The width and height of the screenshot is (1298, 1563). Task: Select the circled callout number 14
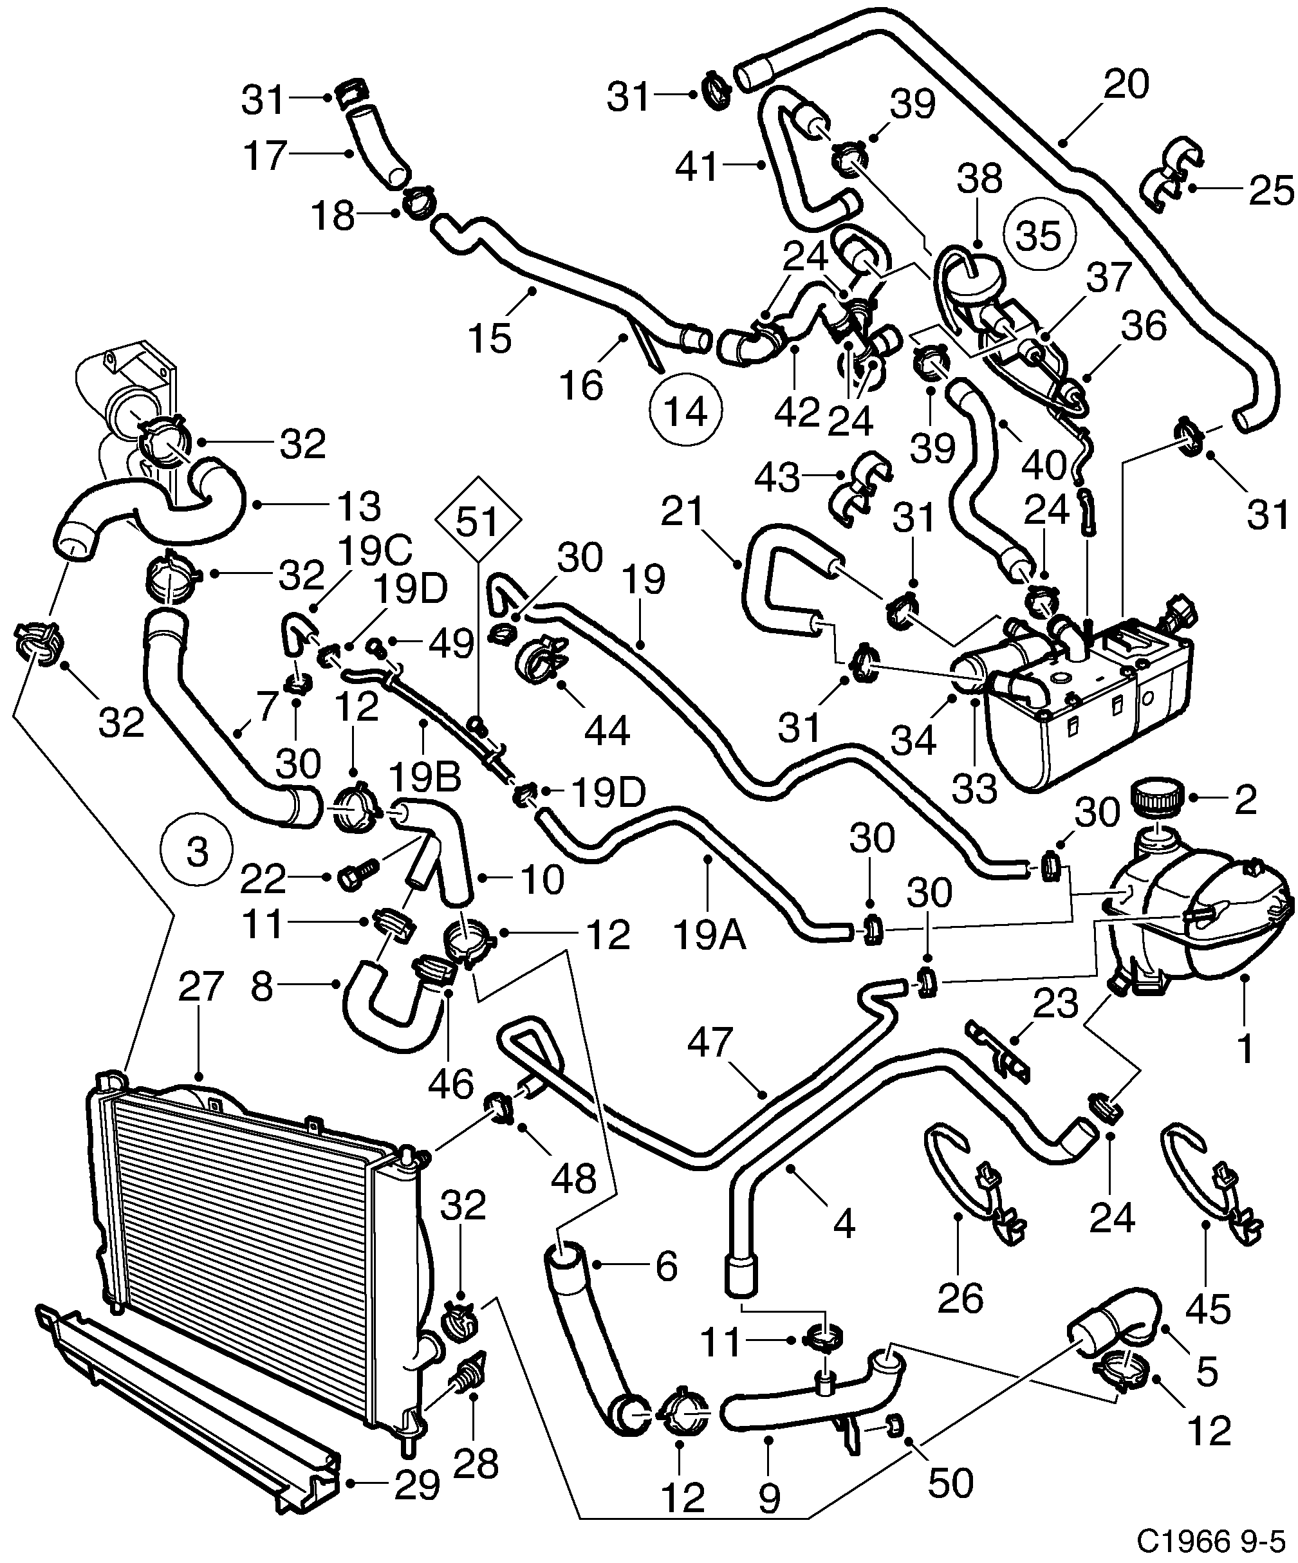point(685,410)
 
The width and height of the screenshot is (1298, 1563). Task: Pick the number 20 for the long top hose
point(1126,84)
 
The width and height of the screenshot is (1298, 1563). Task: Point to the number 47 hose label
point(710,1042)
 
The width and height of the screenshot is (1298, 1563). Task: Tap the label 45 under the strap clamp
point(1208,1308)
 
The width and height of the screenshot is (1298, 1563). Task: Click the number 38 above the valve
point(979,179)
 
